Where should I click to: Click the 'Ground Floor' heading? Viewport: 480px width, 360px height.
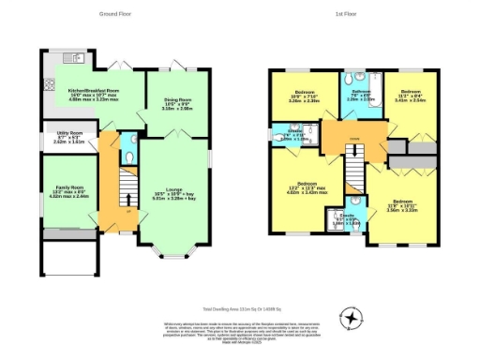click(115, 14)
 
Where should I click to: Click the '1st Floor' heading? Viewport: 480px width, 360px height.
click(345, 14)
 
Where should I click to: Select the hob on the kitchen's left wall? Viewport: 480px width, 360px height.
click(49, 81)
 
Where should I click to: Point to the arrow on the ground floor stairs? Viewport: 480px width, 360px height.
click(117, 208)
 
